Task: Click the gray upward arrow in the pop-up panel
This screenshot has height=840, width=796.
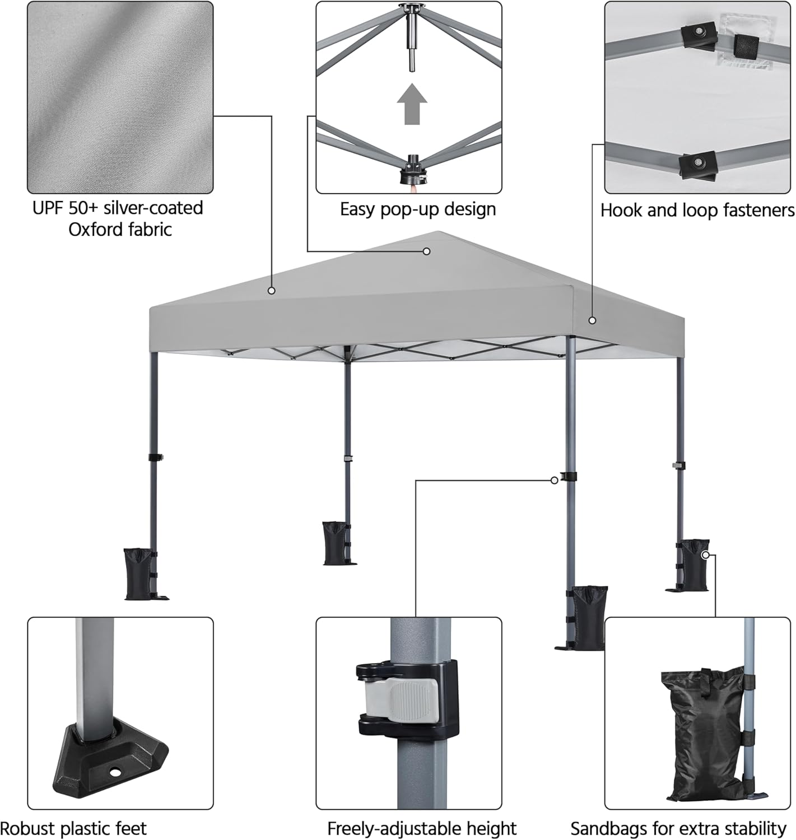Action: coord(412,104)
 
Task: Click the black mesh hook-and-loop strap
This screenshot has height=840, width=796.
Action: coord(746,46)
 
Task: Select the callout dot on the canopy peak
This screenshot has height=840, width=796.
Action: coord(426,251)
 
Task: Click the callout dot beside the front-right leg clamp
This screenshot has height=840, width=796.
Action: coord(554,480)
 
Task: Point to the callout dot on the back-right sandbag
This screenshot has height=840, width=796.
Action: coord(706,555)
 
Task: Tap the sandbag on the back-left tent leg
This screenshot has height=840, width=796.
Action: coord(336,543)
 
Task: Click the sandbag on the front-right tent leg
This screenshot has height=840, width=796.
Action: coord(588,617)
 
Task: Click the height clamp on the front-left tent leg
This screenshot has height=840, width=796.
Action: coord(155,458)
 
